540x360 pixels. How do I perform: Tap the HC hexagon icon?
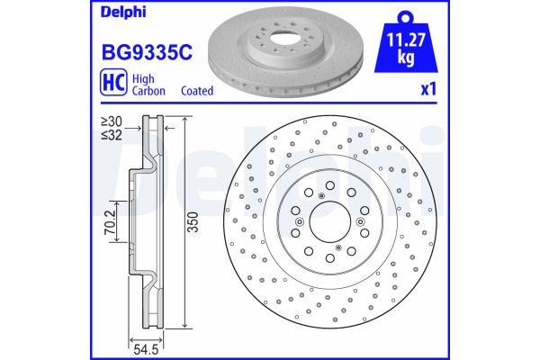105,84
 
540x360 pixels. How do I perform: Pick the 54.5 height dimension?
139,346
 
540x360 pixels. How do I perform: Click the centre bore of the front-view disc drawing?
328,222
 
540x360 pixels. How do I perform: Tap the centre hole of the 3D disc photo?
273,41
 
